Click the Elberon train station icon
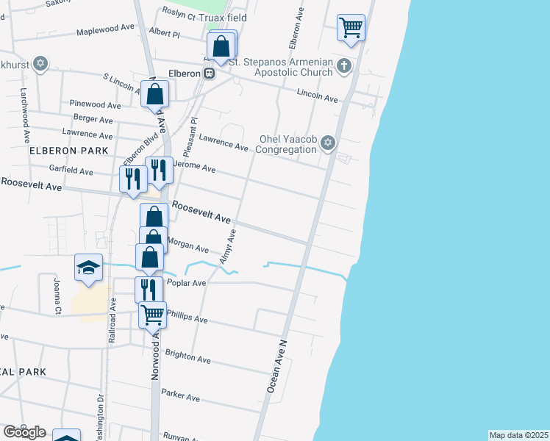click(x=210, y=73)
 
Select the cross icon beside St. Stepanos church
click(x=343, y=66)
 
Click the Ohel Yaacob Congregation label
click(x=287, y=144)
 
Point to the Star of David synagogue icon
click(x=329, y=143)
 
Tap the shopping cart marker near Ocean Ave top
click(x=351, y=29)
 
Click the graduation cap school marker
click(x=88, y=267)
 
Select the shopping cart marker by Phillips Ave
click(x=152, y=315)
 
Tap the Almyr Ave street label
click(x=227, y=247)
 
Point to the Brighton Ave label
click(x=187, y=357)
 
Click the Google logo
click(x=24, y=432)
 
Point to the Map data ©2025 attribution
click(x=518, y=435)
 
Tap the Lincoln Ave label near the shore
click(x=317, y=96)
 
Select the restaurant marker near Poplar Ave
click(x=148, y=289)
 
